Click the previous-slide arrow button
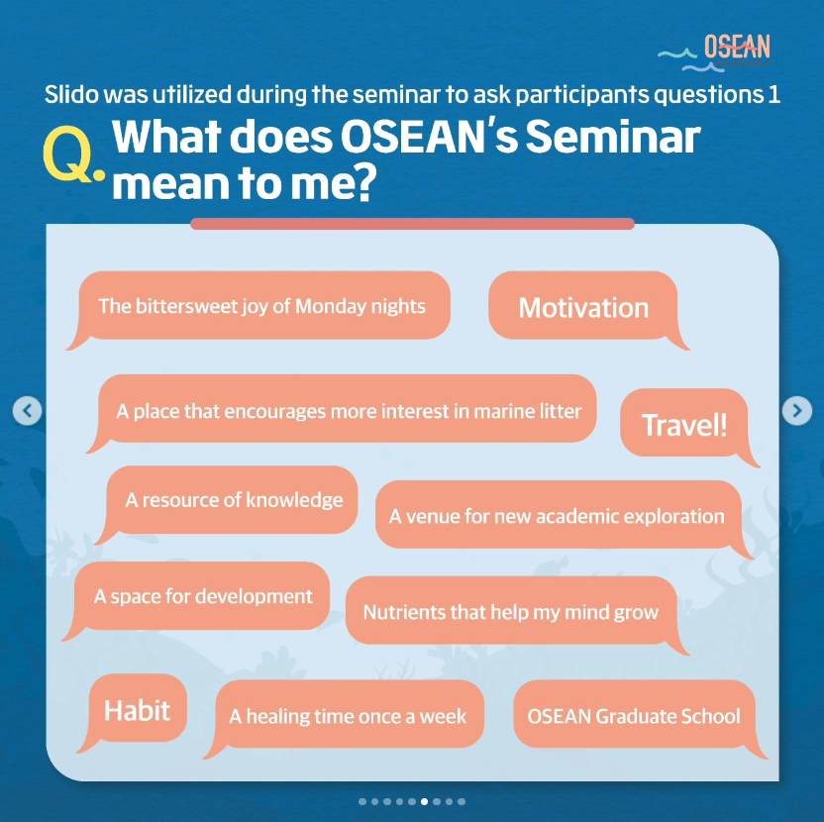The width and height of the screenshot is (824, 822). pyautogui.click(x=28, y=410)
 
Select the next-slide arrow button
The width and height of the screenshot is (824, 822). pyautogui.click(x=796, y=410)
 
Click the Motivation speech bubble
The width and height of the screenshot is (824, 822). pyautogui.click(x=583, y=307)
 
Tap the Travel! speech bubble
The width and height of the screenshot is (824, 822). pyautogui.click(x=684, y=425)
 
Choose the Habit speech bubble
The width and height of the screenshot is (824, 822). pyautogui.click(x=137, y=710)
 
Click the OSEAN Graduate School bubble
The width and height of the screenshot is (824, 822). pyautogui.click(x=634, y=716)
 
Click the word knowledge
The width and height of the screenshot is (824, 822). pyautogui.click(x=294, y=500)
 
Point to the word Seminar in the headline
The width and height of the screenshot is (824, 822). pyautogui.click(x=613, y=137)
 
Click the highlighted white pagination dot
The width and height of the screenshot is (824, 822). pyautogui.click(x=424, y=801)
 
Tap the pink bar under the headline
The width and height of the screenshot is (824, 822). pyautogui.click(x=413, y=224)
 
